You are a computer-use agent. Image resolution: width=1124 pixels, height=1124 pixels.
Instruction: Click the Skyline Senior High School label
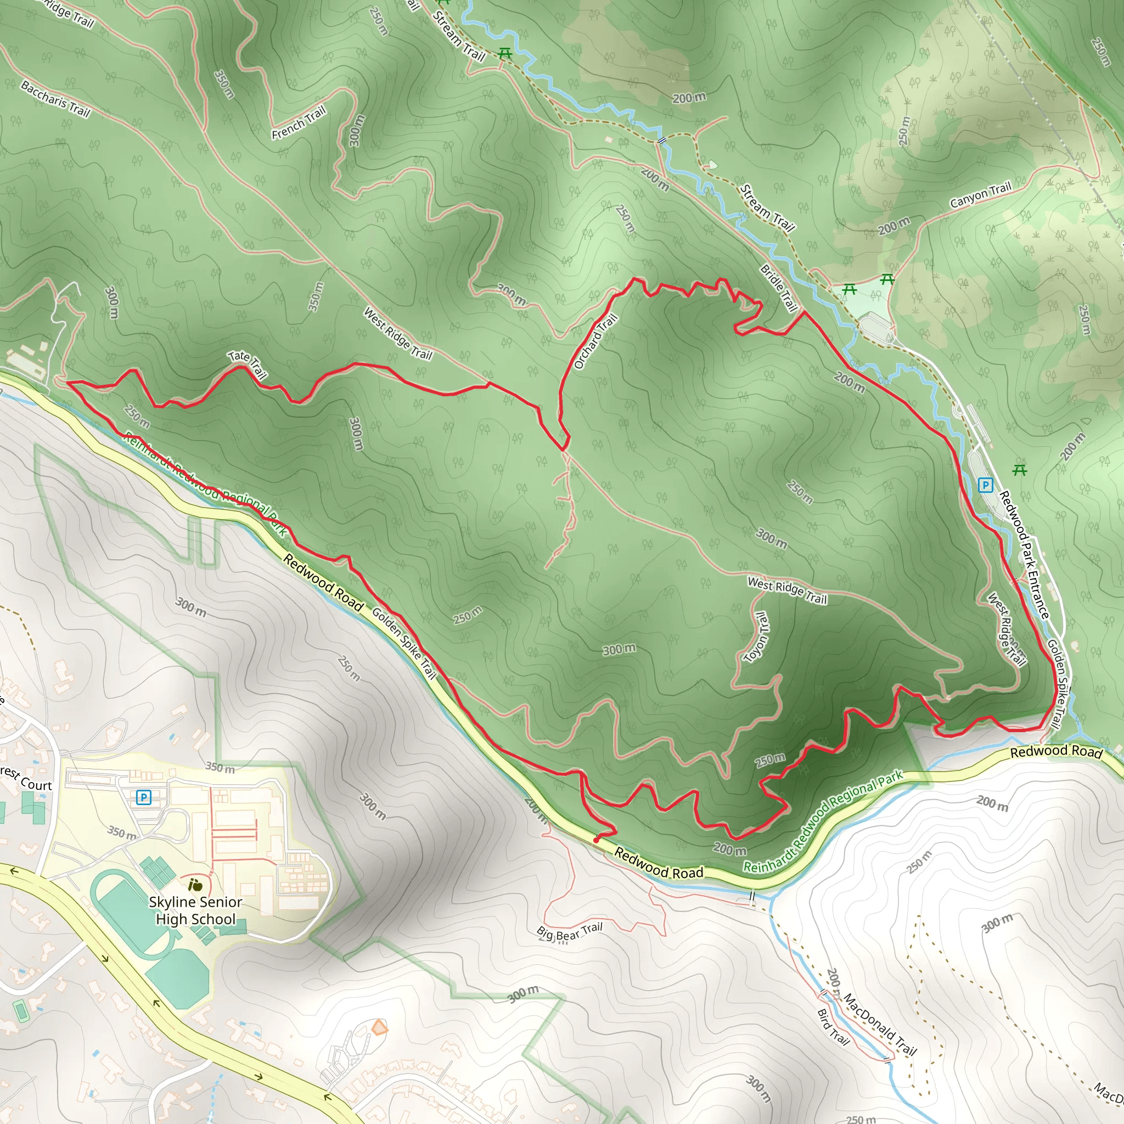pos(195,910)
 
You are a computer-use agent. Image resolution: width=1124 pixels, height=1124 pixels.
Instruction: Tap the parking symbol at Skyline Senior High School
pos(143,797)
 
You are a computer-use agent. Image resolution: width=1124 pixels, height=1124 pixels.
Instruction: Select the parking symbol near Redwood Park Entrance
pos(985,485)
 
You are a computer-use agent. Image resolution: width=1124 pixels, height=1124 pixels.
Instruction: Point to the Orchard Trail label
pos(595,341)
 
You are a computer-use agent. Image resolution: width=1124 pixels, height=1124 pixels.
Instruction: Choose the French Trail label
pos(299,123)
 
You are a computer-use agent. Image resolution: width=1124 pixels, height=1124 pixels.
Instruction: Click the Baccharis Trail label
pos(56,98)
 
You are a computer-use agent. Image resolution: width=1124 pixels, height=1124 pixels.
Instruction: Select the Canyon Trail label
pos(980,195)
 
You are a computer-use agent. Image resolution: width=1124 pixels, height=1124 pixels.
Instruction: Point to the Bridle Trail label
pos(778,288)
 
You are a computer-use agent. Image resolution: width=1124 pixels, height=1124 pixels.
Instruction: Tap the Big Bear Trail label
pos(570,931)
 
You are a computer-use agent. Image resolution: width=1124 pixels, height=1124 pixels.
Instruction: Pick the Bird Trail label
pos(834,1026)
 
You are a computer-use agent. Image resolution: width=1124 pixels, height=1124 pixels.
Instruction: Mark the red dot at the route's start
pos(597,840)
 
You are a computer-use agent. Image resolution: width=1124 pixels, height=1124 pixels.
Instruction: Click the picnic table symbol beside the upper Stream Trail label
pos(504,54)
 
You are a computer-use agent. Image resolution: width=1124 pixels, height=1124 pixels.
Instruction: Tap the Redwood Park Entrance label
pos(1024,555)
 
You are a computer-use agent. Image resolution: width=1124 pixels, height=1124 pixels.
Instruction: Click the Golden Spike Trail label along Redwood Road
pos(404,643)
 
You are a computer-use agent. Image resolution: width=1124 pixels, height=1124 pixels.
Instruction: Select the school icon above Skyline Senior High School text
pos(195,885)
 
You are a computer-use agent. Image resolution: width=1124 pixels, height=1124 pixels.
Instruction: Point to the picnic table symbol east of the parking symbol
pos(1019,470)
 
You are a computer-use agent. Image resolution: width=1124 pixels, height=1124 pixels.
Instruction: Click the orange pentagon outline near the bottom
pos(379,1027)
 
